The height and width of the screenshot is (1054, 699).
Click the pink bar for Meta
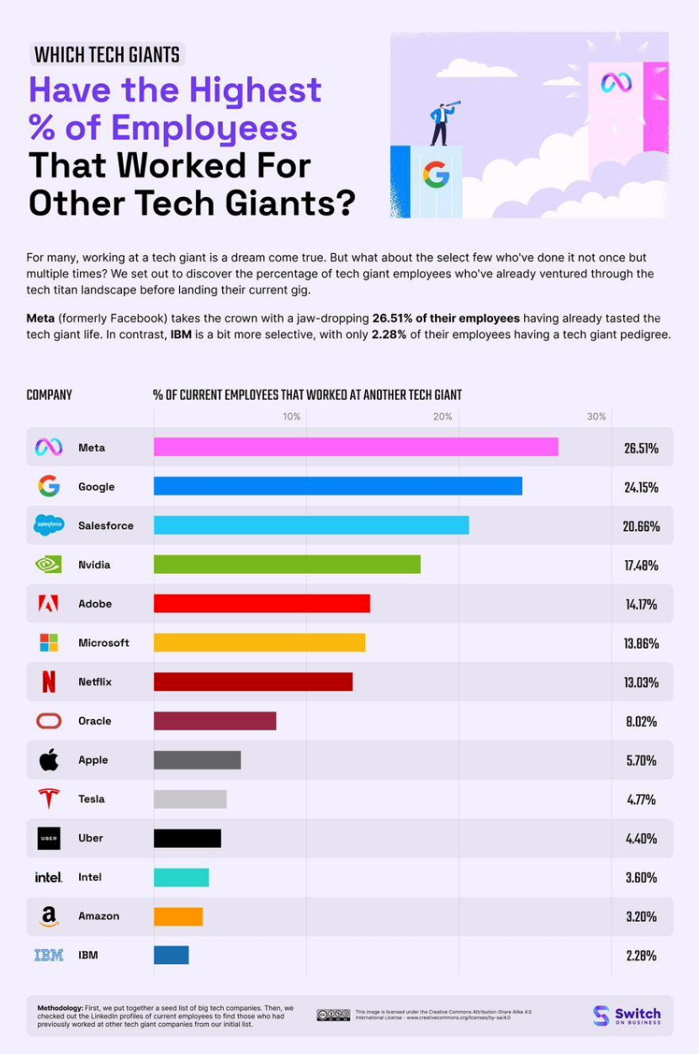pos(356,448)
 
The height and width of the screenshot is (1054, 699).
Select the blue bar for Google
pos(337,486)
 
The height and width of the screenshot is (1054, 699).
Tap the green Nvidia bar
pos(287,564)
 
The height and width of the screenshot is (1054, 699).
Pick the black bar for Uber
pos(187,838)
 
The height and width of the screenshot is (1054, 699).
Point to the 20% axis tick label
pos(442,417)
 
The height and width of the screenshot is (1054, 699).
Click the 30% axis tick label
pos(596,417)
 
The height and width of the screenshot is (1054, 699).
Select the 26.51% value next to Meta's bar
pos(641,448)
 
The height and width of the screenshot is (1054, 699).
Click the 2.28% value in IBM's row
pos(641,956)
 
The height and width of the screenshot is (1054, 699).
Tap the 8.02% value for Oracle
pos(641,722)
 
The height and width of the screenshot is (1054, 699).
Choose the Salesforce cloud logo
pos(49,525)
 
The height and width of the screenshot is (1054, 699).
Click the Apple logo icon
pos(49,760)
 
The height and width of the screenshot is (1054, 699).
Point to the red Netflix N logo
pos(49,681)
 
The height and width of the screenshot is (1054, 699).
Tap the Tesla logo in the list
pos(49,798)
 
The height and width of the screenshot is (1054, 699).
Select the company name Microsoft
pos(103,643)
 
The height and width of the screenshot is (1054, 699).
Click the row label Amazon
pos(99,916)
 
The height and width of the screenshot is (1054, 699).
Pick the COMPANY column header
pos(50,395)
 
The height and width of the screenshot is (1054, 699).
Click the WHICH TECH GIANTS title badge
pos(107,55)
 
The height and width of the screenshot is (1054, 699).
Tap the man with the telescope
pos(442,123)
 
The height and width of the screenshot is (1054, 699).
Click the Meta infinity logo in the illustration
pos(616,82)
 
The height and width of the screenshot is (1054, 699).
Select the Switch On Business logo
pos(627,1015)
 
